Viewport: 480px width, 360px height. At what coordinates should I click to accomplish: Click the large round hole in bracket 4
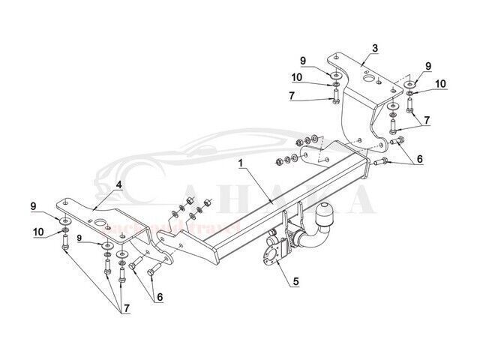pyautogui.click(x=98, y=222)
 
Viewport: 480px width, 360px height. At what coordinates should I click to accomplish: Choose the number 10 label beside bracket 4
pyautogui.click(x=37, y=232)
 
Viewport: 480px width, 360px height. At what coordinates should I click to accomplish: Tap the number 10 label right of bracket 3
pyautogui.click(x=439, y=82)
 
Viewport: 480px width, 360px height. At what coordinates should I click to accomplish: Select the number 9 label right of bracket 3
pyautogui.click(x=428, y=67)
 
